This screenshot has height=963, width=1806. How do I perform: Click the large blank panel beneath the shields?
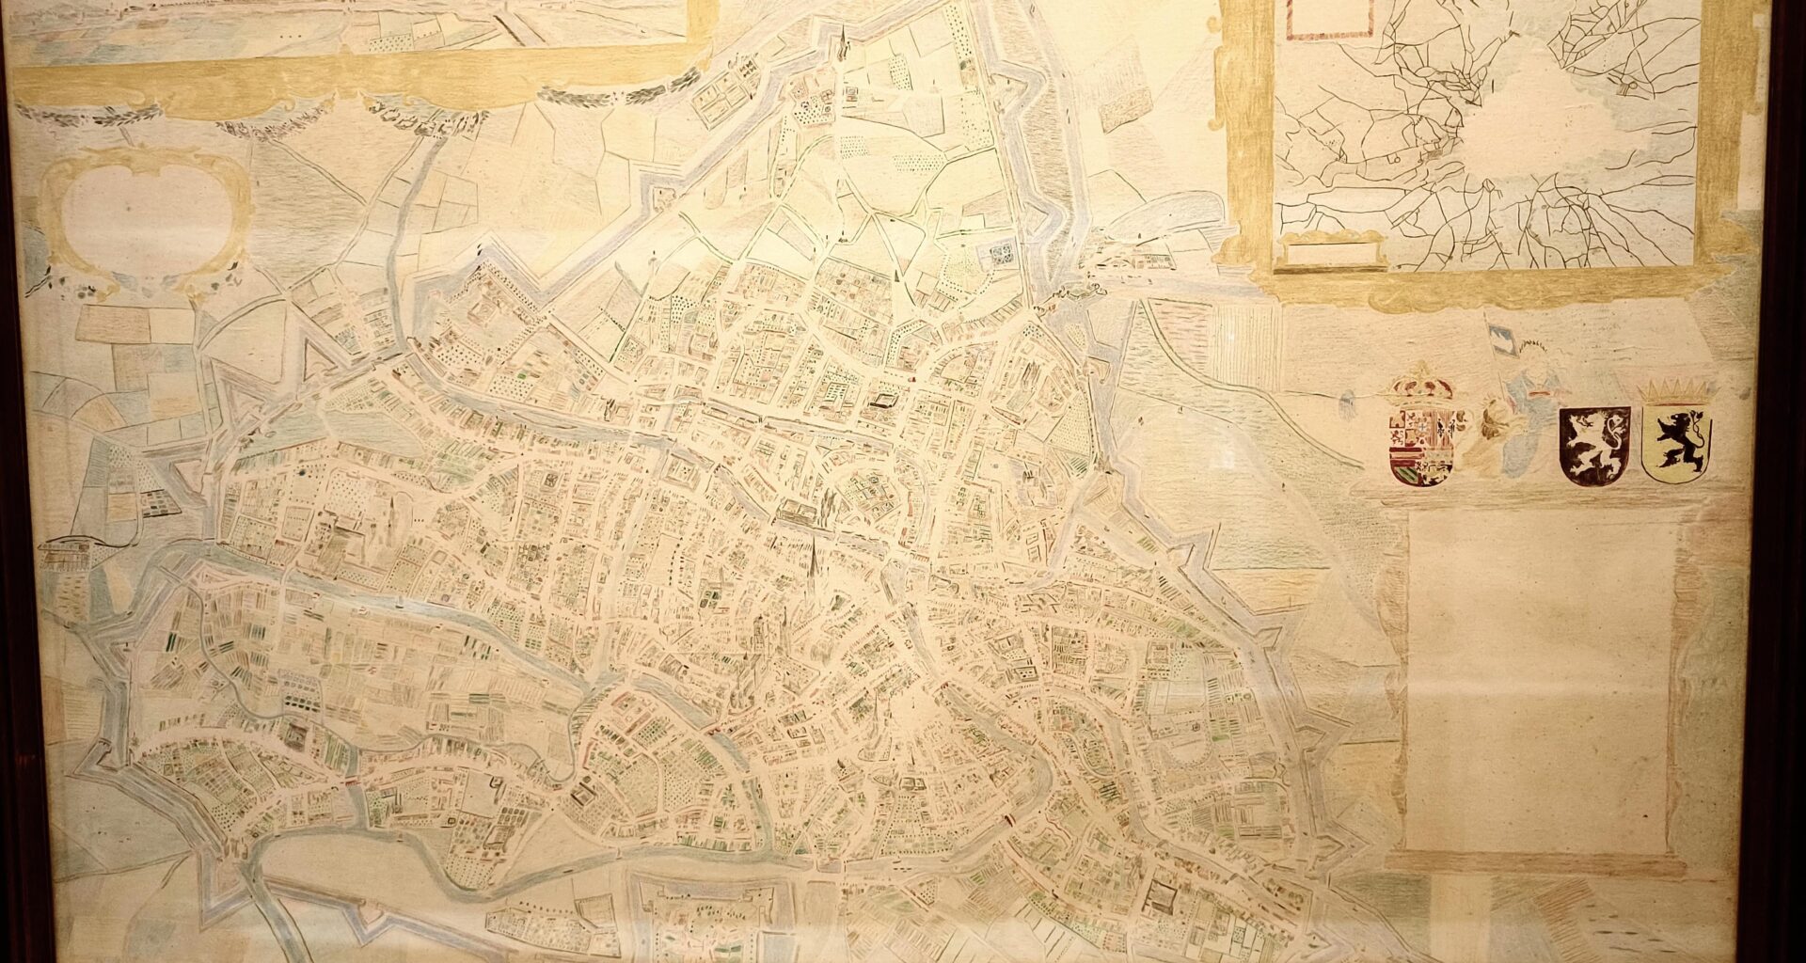coord(1543,677)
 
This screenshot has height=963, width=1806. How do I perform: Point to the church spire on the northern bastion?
coord(844,42)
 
